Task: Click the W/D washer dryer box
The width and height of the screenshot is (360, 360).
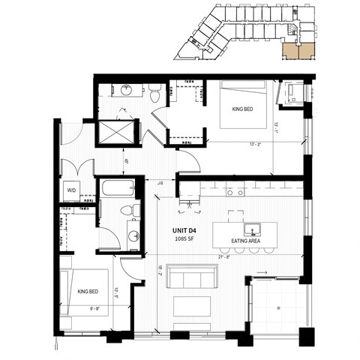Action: (73, 189)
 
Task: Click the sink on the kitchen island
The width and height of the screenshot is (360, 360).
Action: (247, 227)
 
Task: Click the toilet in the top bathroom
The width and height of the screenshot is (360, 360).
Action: (154, 94)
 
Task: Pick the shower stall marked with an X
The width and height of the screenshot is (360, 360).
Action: (116, 133)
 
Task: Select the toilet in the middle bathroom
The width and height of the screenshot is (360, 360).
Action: (132, 211)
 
